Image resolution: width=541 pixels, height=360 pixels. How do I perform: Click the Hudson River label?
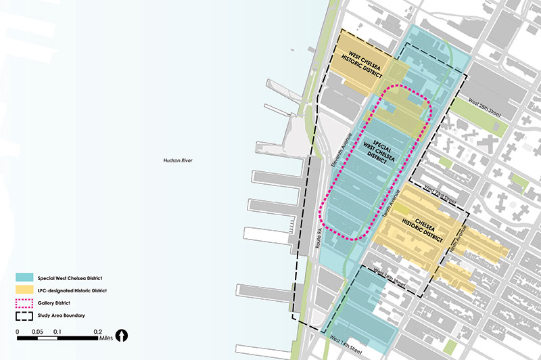click(179, 160)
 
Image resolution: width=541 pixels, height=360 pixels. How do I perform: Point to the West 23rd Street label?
click(440, 197)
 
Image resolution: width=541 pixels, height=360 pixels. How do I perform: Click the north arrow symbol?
click(122, 335)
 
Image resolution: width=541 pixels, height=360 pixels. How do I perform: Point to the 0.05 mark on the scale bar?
click(37, 332)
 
